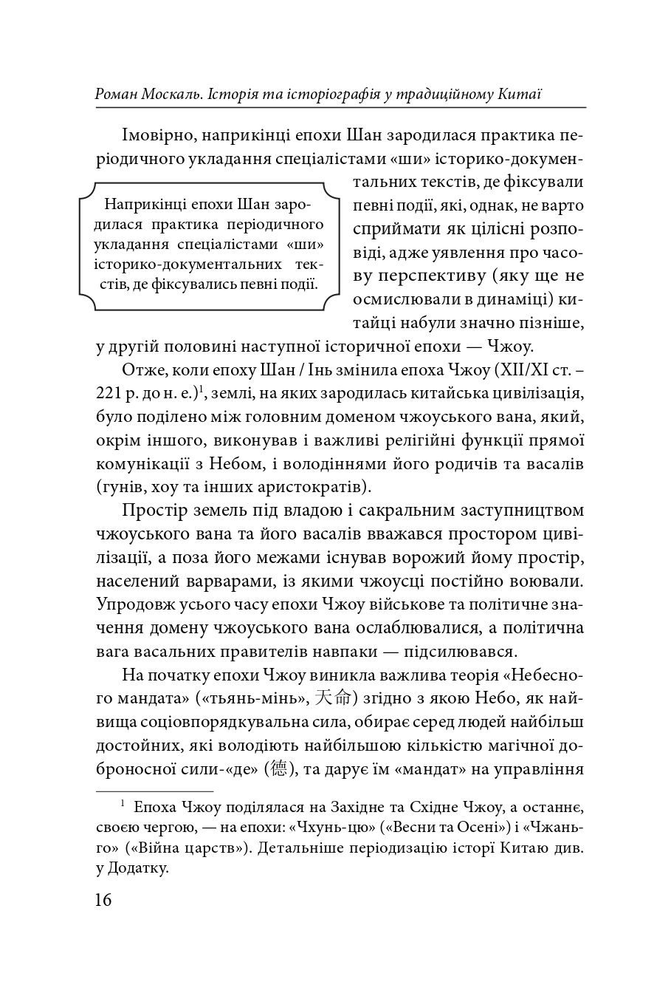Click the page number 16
[x=103, y=900]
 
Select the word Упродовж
[x=135, y=604]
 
